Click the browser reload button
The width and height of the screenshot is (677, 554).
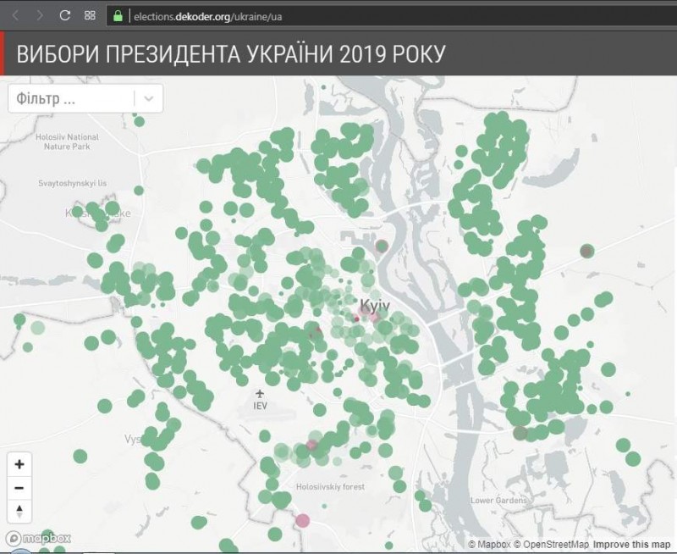[65, 15]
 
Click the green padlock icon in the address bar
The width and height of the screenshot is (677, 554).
[117, 15]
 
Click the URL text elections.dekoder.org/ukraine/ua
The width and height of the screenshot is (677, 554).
[207, 15]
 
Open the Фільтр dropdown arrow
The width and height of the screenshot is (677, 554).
[149, 98]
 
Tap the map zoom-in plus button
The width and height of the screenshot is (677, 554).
[19, 464]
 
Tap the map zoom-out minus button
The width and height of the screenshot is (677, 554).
[19, 488]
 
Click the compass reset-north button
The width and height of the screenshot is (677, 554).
[19, 511]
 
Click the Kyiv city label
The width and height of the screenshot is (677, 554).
[374, 304]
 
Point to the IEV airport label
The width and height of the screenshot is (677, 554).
[260, 406]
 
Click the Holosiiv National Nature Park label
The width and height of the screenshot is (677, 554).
[71, 141]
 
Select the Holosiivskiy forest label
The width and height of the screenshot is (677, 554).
[330, 487]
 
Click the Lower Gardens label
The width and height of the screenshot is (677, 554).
[498, 501]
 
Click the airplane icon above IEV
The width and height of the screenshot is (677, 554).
[260, 393]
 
